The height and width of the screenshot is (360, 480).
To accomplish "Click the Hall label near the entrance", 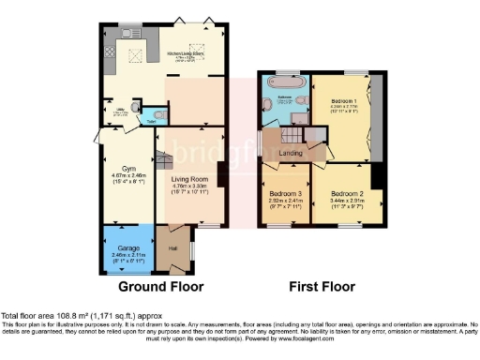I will pos(172,247).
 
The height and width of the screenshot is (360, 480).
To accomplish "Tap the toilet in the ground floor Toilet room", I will pos(156,113).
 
